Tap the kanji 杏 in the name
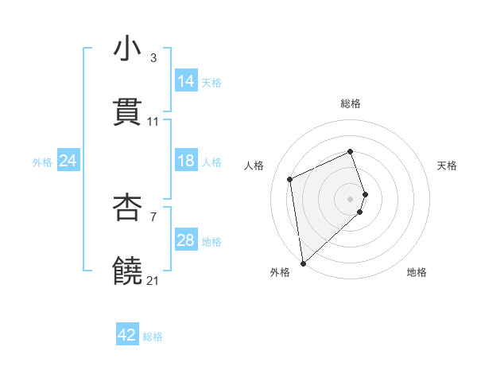[128, 208]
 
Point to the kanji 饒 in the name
[128, 271]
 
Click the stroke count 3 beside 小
[153, 58]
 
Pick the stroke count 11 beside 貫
[153, 122]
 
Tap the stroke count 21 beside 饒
[153, 281]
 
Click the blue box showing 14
[186, 80]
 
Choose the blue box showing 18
[186, 161]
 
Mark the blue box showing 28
[186, 240]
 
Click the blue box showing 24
[68, 161]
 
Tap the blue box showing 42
[127, 335]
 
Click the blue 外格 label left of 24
[42, 162]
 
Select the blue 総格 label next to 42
[153, 337]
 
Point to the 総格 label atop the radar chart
[351, 103]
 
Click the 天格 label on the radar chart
[448, 166]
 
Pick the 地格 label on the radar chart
[417, 272]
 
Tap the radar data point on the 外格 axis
[302, 263]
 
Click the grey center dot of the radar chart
[351, 198]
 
